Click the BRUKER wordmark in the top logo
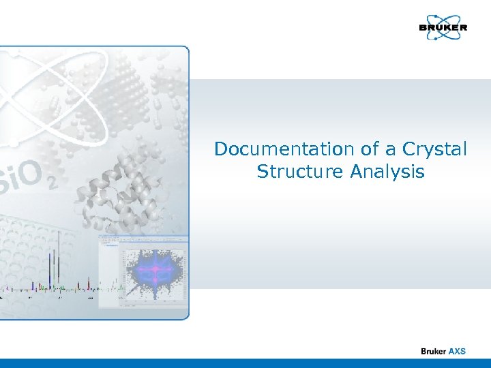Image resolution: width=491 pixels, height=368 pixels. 443,28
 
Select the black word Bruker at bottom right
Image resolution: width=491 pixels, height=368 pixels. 433,351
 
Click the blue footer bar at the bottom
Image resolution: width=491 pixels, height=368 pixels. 245,363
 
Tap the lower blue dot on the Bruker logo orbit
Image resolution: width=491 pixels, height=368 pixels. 434,39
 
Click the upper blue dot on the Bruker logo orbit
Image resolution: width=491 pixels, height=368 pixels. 451,17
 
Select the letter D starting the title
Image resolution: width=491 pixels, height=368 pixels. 221,149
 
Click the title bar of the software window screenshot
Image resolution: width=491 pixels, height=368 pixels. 143,238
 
